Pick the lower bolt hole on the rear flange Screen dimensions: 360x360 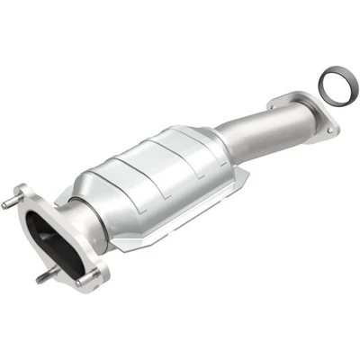330,130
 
